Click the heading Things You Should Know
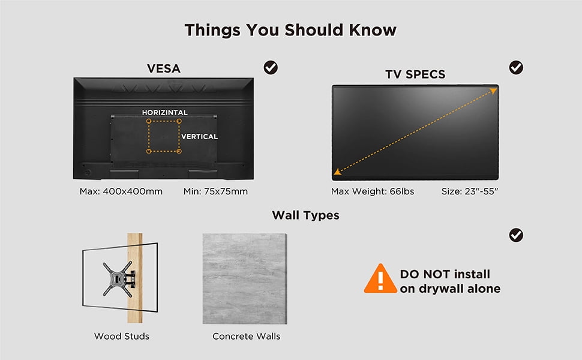click(x=290, y=30)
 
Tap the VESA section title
click(x=164, y=68)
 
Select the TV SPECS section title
click(x=415, y=74)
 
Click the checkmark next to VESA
click(x=271, y=68)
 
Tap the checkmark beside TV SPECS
click(x=516, y=68)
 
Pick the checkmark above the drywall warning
click(x=516, y=235)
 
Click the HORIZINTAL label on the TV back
click(x=165, y=112)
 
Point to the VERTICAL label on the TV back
click(x=199, y=137)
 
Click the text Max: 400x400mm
click(x=121, y=191)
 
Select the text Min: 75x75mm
click(x=215, y=191)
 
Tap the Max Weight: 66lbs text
click(x=373, y=191)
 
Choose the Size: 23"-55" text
click(x=470, y=191)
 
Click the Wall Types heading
click(x=305, y=215)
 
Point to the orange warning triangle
click(x=380, y=279)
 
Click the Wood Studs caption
click(x=122, y=336)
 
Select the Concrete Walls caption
click(x=247, y=336)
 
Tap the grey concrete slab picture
click(x=245, y=279)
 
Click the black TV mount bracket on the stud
click(x=119, y=279)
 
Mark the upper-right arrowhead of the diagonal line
click(x=493, y=91)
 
